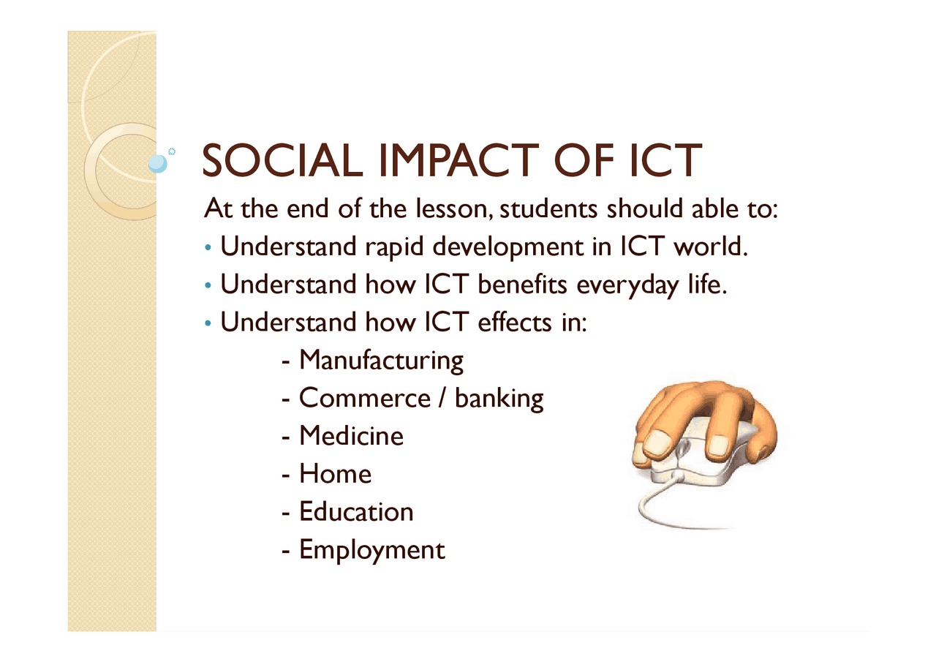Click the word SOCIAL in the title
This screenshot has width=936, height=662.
coord(282,160)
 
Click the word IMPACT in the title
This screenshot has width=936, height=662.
coord(458,160)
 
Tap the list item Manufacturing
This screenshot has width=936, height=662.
coord(381,360)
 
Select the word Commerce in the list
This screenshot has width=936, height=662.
coord(365,397)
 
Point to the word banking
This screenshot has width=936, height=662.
coord(499,399)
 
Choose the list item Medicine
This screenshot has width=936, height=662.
coord(352,435)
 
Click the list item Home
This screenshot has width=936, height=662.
coord(335,473)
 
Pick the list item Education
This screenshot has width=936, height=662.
coord(356,511)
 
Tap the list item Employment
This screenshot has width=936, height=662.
coord(372,550)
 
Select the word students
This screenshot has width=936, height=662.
coord(548,208)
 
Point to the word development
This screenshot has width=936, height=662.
coord(507,247)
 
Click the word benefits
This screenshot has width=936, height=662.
coord(522,285)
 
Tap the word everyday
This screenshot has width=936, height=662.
coord(628,286)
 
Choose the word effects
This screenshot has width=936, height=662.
coord(515,323)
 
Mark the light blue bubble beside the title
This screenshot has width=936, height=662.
coord(157,163)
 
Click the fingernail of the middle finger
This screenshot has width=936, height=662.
coord(719,446)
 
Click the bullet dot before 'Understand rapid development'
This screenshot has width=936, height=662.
coord(208,248)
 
